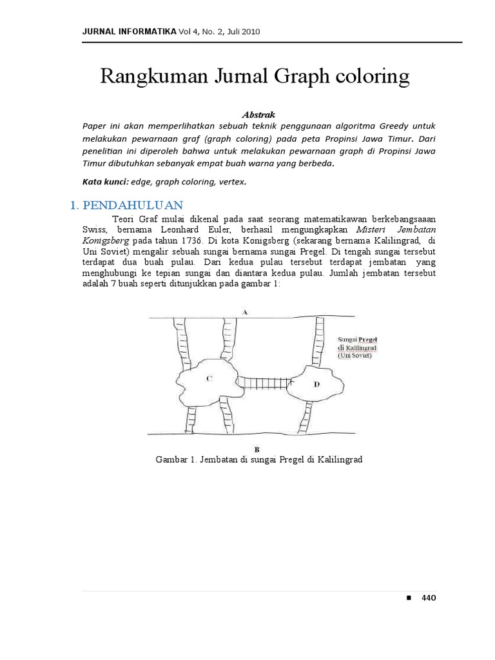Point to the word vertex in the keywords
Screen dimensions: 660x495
pyautogui.click(x=233, y=182)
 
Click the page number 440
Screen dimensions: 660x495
pyautogui.click(x=429, y=597)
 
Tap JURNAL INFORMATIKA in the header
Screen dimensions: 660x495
pyautogui.click(x=130, y=31)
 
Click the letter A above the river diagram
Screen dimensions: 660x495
pyautogui.click(x=245, y=312)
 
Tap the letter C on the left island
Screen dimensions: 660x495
pyautogui.click(x=209, y=379)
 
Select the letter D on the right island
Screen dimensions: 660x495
pyautogui.click(x=316, y=384)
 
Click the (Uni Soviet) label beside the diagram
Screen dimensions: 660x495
pyautogui.click(x=355, y=355)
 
